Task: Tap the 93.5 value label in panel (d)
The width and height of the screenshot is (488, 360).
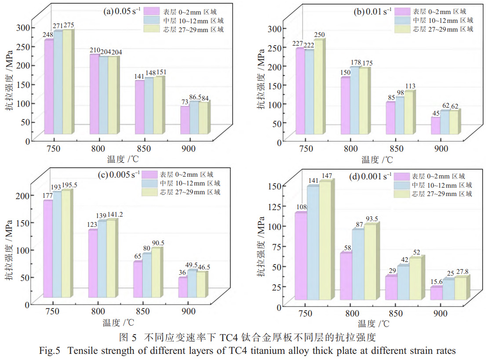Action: click(370, 219)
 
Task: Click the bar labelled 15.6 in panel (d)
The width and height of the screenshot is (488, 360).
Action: click(436, 293)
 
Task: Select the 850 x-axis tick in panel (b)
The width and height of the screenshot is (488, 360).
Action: click(396, 149)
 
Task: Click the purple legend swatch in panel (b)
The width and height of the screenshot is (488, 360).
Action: click(401, 12)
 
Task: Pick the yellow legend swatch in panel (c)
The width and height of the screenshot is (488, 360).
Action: click(149, 192)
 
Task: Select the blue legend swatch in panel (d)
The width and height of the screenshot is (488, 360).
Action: click(401, 185)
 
